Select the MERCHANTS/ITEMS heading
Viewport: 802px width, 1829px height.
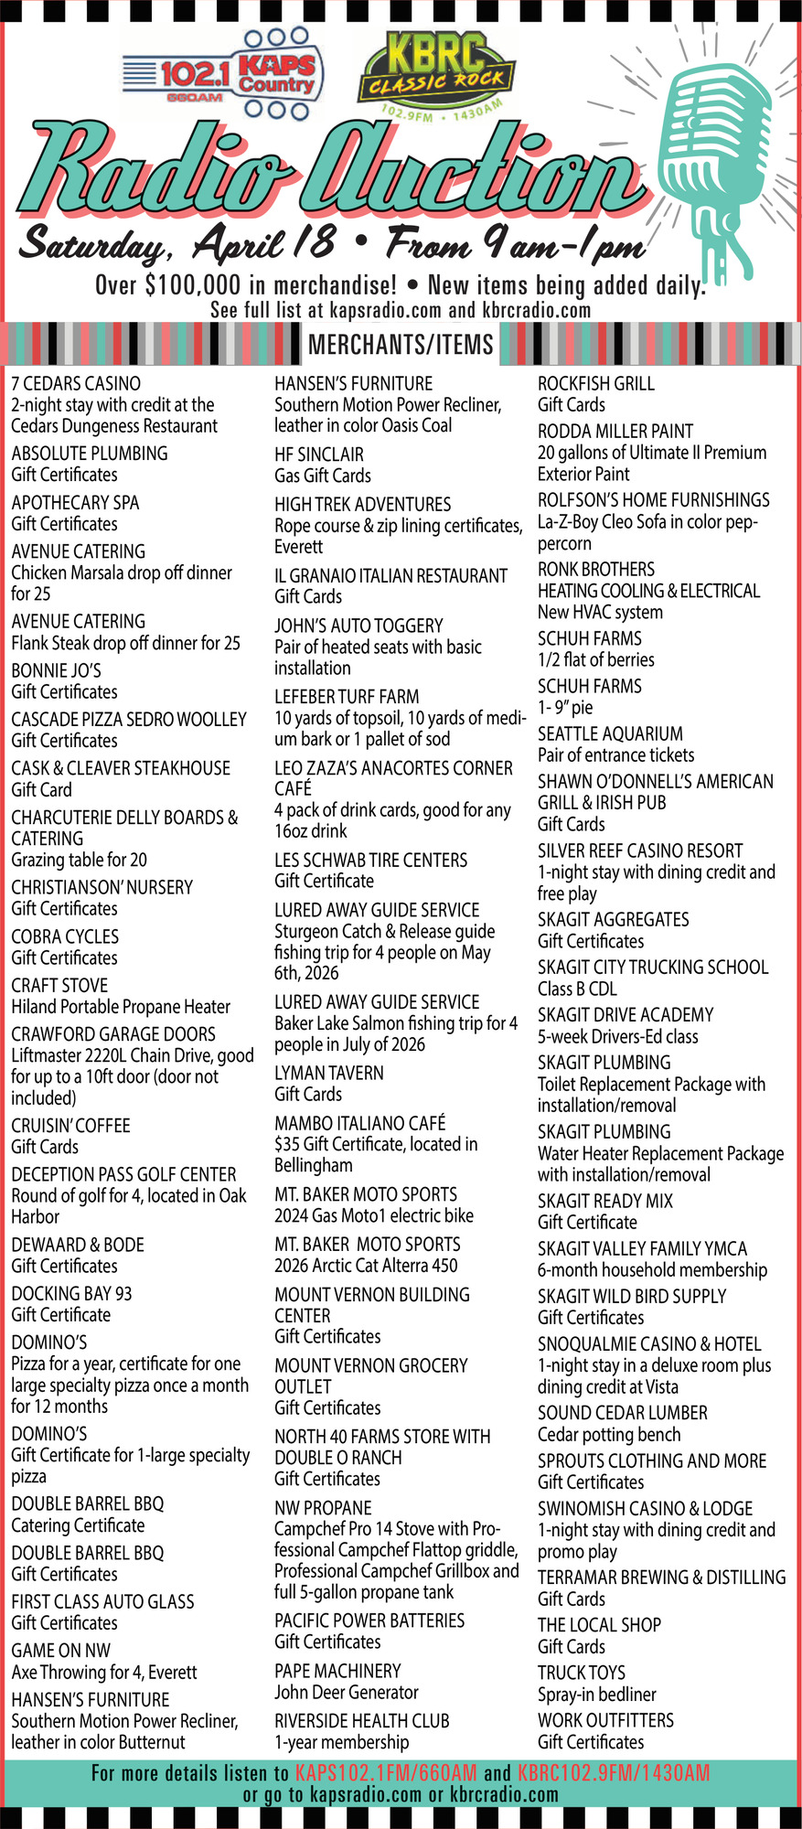tap(401, 345)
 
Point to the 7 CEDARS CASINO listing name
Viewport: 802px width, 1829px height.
tap(76, 383)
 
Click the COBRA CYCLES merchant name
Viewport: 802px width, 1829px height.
tap(65, 936)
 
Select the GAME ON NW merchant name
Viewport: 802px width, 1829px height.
tap(60, 1651)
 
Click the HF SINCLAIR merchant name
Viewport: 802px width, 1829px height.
tap(319, 455)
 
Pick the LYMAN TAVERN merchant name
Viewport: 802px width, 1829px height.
tap(329, 1073)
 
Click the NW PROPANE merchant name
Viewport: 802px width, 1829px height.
tap(323, 1508)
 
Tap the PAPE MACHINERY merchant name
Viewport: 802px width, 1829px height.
tap(337, 1671)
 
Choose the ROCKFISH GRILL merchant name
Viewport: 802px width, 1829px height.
tap(596, 383)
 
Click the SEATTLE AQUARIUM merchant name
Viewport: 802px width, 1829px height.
tap(610, 733)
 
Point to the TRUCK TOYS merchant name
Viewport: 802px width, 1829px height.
tap(582, 1673)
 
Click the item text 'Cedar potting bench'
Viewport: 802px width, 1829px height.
tap(609, 1435)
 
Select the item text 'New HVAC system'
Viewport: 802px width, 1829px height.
tap(600, 612)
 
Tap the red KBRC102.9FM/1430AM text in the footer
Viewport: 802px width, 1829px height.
tap(613, 1773)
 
